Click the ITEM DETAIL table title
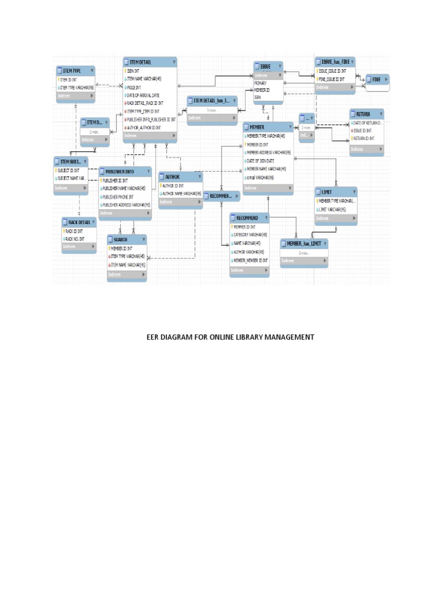click(x=141, y=62)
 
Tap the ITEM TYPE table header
click(x=72, y=70)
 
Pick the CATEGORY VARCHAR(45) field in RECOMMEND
click(x=250, y=235)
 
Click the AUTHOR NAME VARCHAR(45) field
click(x=182, y=194)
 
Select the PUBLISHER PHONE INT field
click(x=119, y=196)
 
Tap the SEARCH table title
click(x=120, y=239)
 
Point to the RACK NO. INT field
click(x=75, y=239)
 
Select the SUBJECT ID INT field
click(x=69, y=171)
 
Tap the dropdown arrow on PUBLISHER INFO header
click(x=148, y=171)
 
